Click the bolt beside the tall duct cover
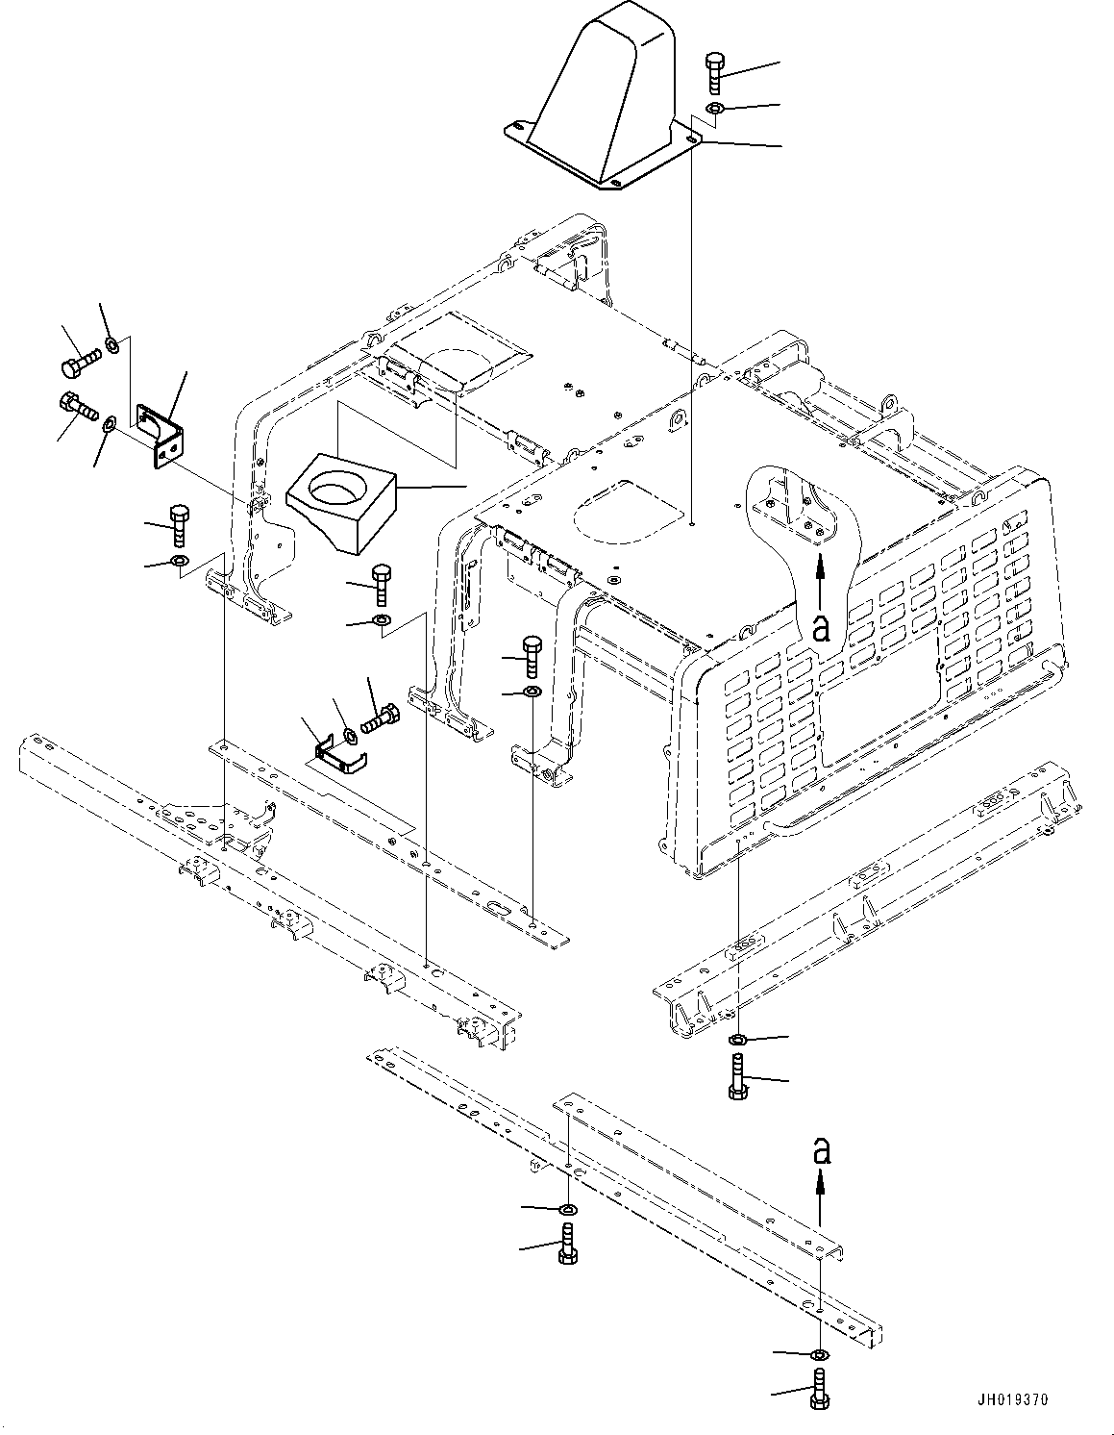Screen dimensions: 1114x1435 tap(715, 73)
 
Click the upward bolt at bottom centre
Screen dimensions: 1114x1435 tap(567, 1244)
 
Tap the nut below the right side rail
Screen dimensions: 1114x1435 tap(737, 1040)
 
